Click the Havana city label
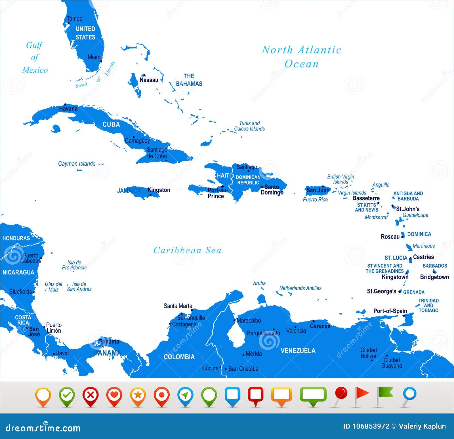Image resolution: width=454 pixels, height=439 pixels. (x=68, y=109)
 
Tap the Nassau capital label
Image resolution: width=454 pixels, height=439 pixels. (x=149, y=80)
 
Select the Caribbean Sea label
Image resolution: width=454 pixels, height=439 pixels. (x=187, y=250)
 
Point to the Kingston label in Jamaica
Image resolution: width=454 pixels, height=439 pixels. (x=159, y=190)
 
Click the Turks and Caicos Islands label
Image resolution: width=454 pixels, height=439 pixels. (x=249, y=126)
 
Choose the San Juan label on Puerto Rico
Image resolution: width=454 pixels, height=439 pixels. (x=318, y=190)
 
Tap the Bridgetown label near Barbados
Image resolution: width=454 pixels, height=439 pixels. (x=434, y=277)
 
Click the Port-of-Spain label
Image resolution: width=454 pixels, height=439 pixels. (x=390, y=311)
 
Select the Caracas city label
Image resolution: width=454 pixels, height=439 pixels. (x=320, y=326)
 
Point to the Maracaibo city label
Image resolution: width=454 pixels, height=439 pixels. (x=249, y=320)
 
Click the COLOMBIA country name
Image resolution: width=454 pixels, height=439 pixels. (x=179, y=357)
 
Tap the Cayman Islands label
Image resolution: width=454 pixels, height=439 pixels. (x=77, y=164)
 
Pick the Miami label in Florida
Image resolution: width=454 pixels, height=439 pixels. (x=94, y=57)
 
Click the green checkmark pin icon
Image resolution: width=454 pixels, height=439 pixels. (x=67, y=395)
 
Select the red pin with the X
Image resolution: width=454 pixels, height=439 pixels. (x=90, y=395)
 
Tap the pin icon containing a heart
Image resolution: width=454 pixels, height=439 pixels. (x=114, y=395)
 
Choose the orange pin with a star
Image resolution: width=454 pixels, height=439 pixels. (x=138, y=395)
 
